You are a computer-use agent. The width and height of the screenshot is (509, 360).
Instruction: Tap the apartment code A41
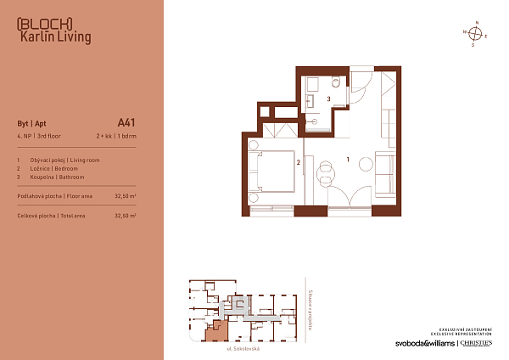126,121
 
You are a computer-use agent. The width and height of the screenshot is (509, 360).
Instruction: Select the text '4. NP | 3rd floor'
41,135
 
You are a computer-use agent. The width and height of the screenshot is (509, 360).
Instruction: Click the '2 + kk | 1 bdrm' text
115,135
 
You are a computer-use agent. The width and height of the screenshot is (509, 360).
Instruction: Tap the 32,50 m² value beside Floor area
125,196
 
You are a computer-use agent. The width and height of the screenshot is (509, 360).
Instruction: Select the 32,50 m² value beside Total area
125,216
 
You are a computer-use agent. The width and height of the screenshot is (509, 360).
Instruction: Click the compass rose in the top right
476,34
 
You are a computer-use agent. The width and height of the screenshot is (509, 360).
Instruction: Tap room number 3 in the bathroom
328,98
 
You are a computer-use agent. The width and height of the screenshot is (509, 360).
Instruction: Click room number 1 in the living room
347,159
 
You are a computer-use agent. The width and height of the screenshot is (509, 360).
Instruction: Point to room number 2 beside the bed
298,160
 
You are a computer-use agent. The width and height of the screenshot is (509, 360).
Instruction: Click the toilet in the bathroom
338,82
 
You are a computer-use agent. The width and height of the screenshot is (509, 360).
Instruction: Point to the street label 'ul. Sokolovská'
243,348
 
